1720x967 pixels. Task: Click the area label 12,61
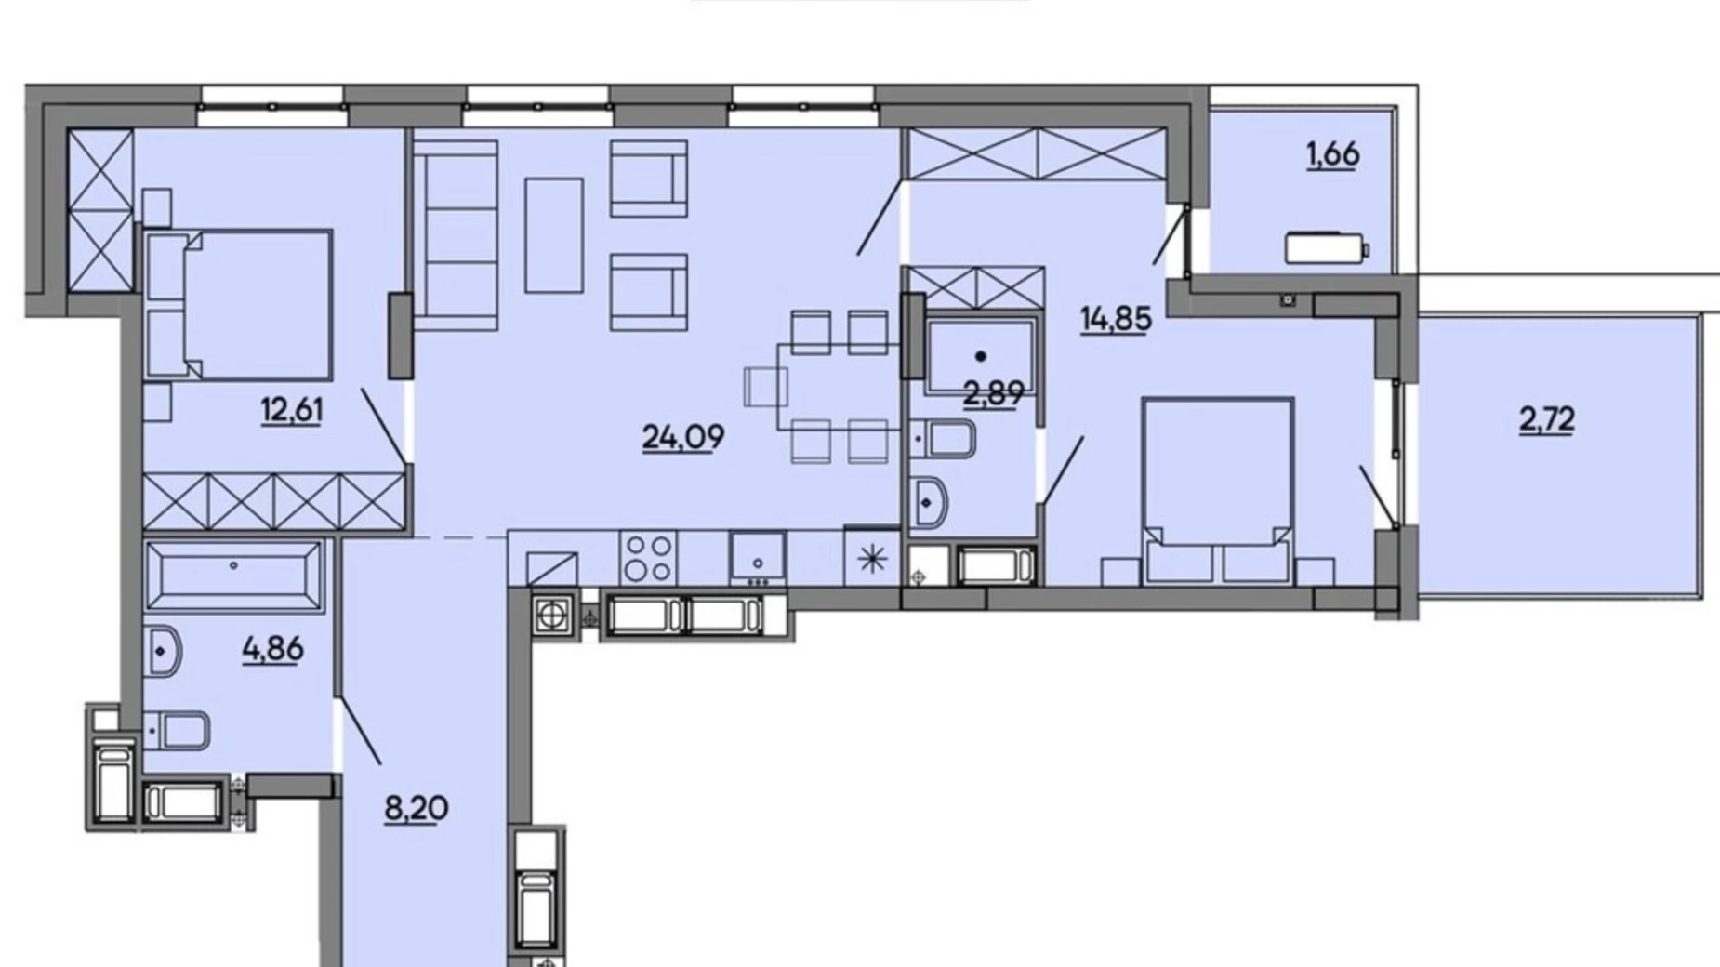click(292, 410)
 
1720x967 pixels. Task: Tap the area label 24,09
click(683, 436)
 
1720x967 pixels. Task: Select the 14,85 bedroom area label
click(1116, 318)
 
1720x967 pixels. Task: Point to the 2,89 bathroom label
click(994, 393)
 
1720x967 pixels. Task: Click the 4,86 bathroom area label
click(272, 648)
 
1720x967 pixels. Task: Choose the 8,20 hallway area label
click(416, 808)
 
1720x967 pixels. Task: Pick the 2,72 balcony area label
click(1547, 419)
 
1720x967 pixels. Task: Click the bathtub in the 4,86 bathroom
click(233, 576)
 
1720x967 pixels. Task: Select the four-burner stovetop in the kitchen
click(648, 558)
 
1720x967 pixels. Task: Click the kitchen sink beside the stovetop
click(758, 558)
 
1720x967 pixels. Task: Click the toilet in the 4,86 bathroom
click(177, 730)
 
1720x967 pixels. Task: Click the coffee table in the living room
click(554, 235)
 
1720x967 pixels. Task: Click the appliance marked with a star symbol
click(872, 558)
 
